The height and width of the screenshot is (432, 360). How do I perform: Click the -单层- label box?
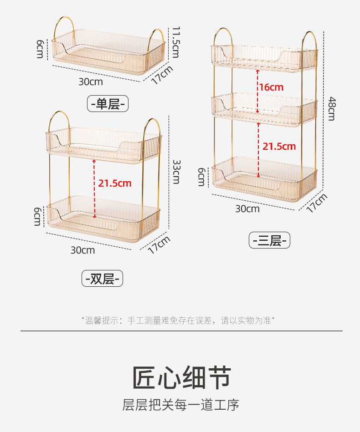108,104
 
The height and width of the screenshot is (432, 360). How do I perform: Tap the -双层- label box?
102,278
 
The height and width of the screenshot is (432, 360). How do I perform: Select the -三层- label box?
269,240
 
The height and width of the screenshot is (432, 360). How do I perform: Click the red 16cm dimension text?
271,87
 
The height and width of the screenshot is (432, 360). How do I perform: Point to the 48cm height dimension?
331,108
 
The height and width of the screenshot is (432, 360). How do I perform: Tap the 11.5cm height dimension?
175,42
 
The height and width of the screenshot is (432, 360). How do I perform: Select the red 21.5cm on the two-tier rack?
115,183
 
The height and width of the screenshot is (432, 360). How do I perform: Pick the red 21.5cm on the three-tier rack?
279,146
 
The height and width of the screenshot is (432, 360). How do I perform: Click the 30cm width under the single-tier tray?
91,82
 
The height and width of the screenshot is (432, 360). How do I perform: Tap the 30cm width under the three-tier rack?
247,208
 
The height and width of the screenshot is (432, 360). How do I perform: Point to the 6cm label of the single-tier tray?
40,48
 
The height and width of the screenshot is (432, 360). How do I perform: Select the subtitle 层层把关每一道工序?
181,404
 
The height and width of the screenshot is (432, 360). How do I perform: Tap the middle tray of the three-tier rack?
264,109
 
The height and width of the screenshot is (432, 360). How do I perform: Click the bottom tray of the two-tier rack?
103,216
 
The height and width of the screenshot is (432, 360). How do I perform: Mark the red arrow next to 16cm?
257,91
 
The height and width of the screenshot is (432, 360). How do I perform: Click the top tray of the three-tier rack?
264,57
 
